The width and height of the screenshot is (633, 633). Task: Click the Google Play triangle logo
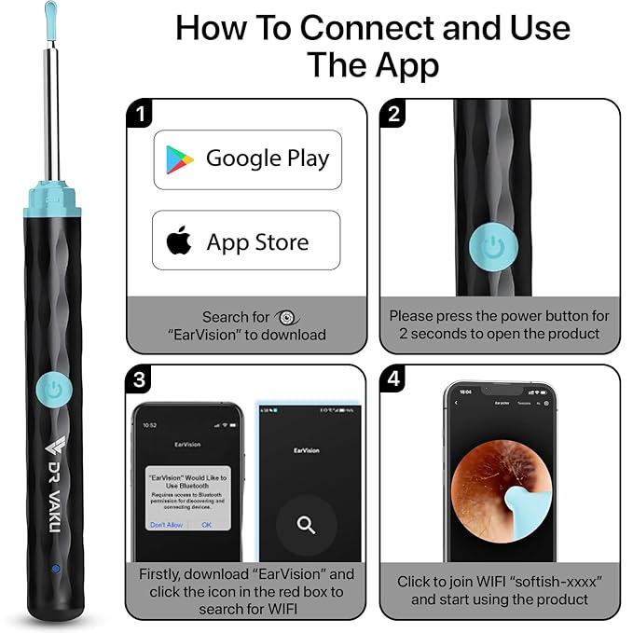pos(180,159)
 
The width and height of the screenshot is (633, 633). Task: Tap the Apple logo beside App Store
pos(179,241)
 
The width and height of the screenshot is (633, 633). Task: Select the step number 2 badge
pos(393,116)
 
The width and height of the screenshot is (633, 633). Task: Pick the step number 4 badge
pos(393,380)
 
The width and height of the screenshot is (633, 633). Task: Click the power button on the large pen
pos(54,391)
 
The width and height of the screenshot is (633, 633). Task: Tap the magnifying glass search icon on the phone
pos(307,525)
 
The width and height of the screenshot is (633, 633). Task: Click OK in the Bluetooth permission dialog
pos(206,524)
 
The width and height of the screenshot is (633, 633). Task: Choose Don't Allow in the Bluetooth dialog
pos(166,524)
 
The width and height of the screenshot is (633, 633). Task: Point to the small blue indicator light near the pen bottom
pos(55,568)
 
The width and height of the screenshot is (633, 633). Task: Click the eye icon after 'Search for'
pos(286,317)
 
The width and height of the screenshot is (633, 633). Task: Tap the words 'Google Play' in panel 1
pos(267,158)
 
